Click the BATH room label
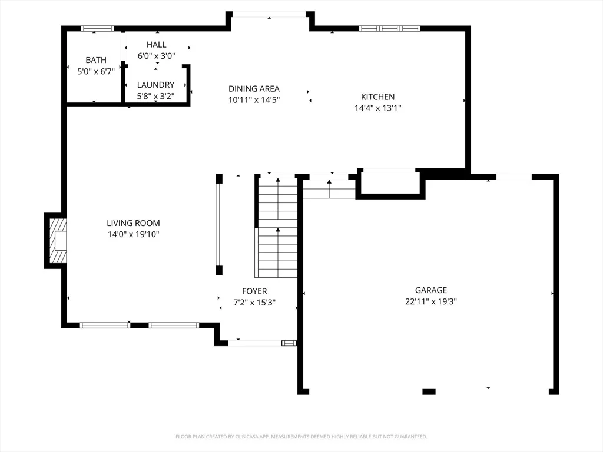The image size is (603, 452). pos(96,60)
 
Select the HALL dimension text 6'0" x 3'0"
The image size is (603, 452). pos(156,56)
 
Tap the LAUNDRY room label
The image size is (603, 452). pos(155,85)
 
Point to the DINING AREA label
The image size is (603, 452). pos(254,89)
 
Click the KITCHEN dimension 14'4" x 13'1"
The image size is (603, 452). pos(377,108)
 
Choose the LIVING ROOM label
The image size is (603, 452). pos(133,223)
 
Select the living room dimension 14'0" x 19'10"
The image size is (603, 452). pos(133,234)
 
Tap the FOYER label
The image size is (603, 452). pos(254,291)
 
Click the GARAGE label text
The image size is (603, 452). pos(430,290)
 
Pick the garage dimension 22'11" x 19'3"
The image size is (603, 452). pos(430,301)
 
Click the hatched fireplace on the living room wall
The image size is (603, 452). pos(58,241)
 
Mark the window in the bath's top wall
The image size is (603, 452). pos(97,28)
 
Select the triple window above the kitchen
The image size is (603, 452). pos(390,28)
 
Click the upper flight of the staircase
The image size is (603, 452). pos(278,202)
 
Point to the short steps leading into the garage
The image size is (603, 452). pos(329,189)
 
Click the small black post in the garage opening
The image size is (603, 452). pos(429,391)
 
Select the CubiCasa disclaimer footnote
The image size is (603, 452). pos(301,437)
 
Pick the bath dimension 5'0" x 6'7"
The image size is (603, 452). pos(96,71)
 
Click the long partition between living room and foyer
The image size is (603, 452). pos(219,224)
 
